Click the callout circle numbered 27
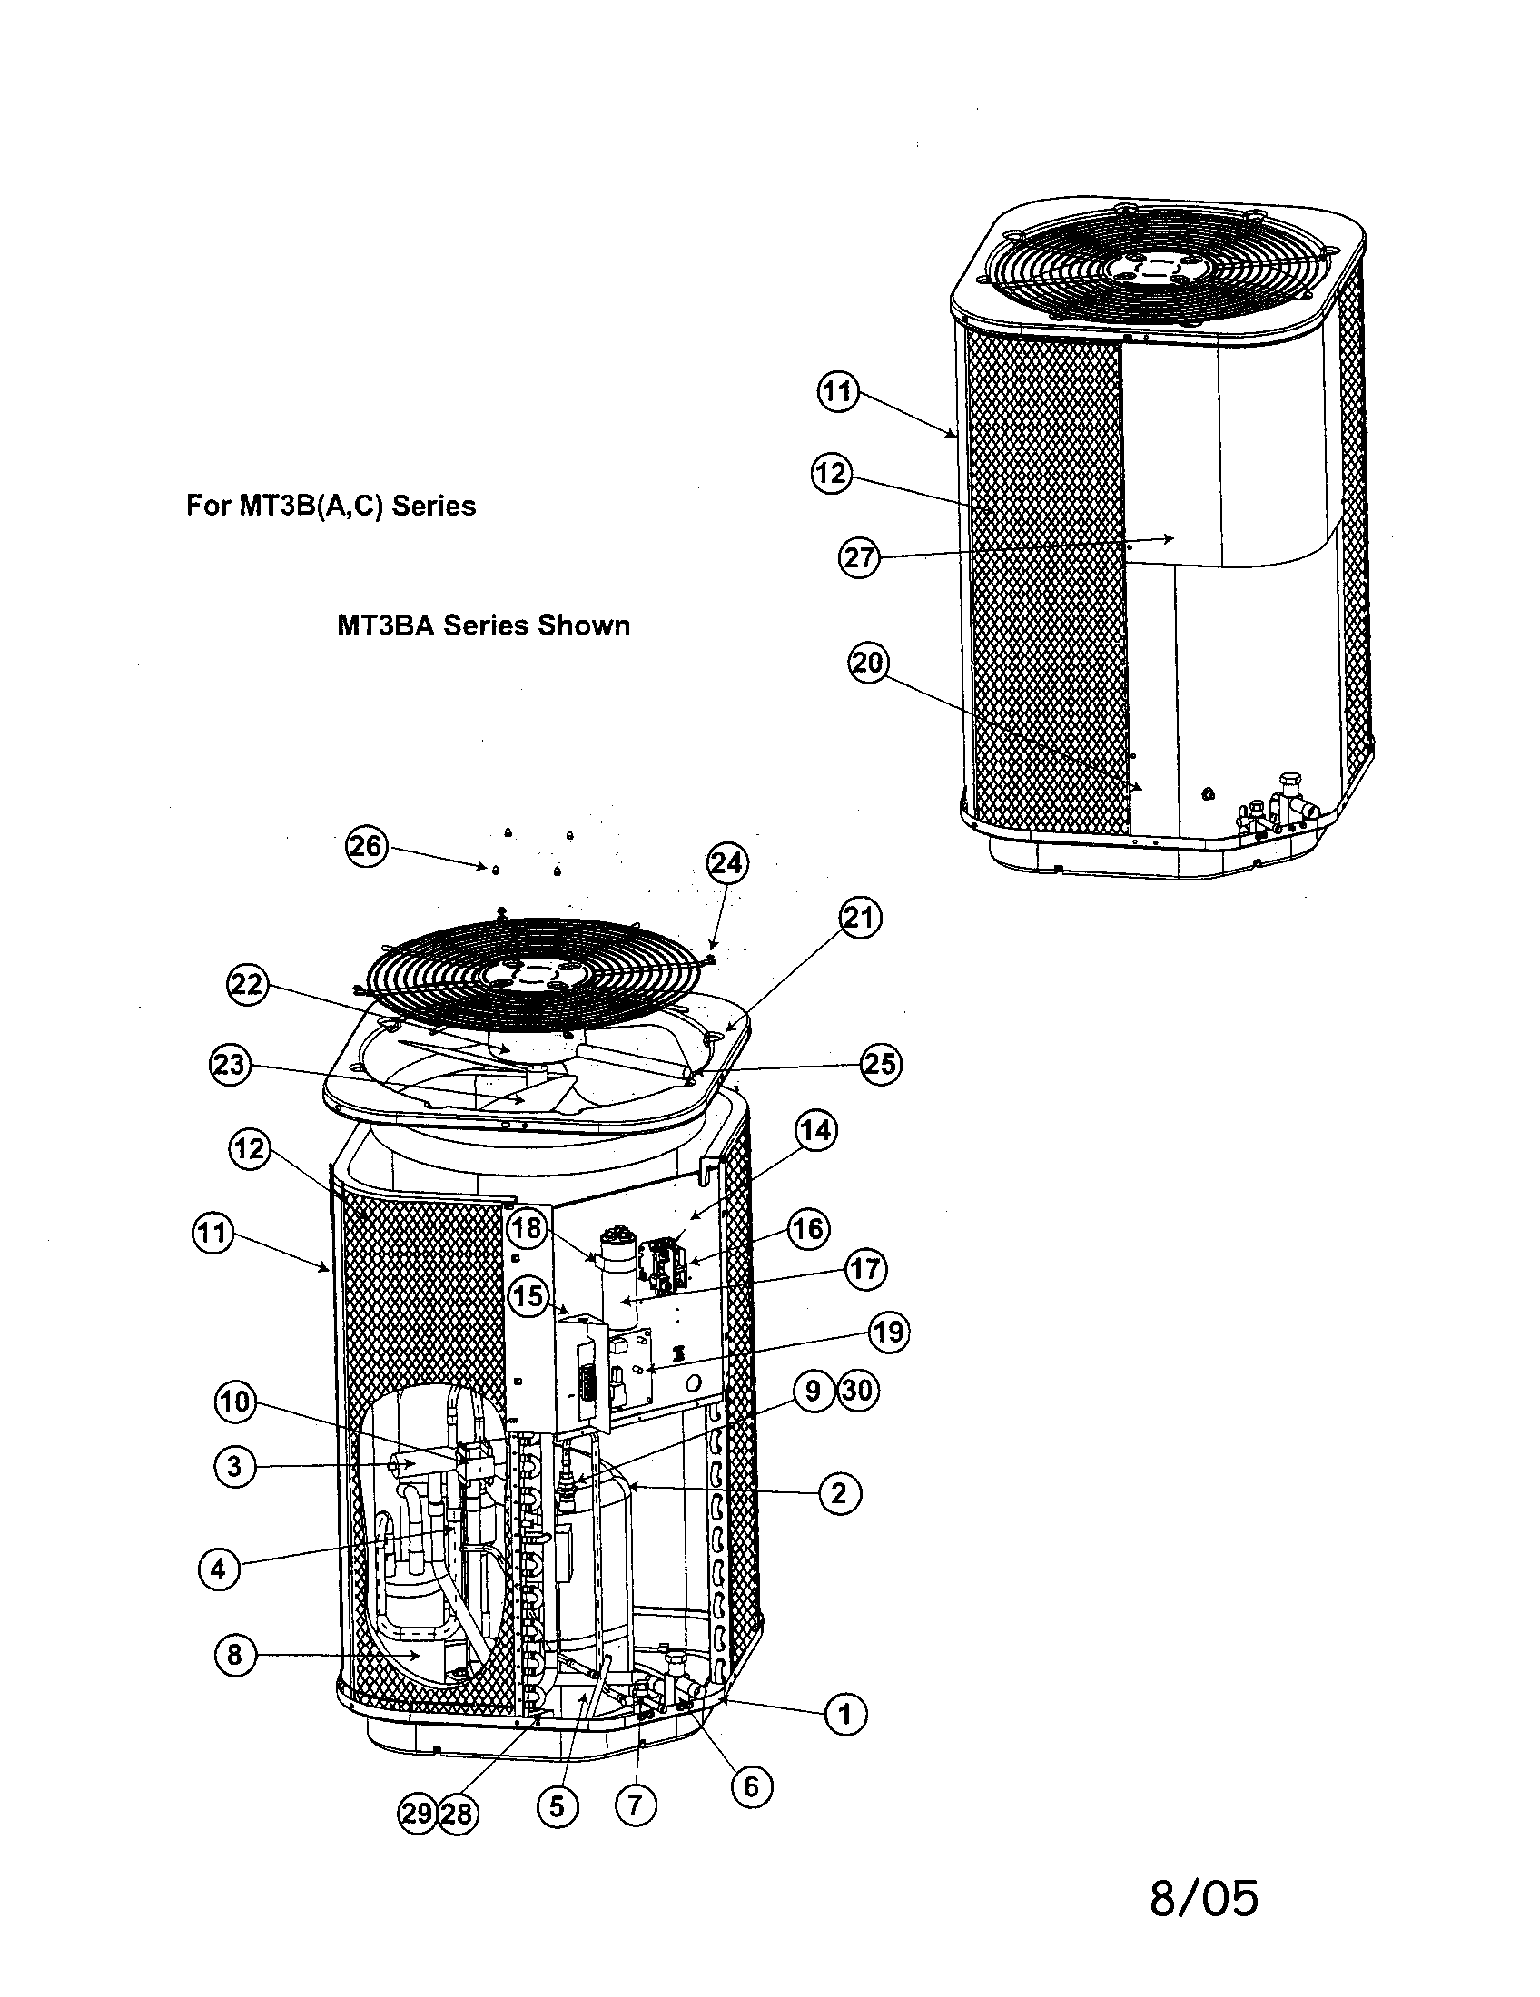pos(859,556)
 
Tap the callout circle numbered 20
pos(868,662)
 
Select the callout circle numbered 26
pos(366,846)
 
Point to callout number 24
pos(727,863)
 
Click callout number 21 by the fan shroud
pos(860,917)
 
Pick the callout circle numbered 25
pos(881,1065)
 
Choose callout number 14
pos(815,1130)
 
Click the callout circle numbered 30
pos(857,1391)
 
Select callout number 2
pos(839,1493)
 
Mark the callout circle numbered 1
pos(845,1714)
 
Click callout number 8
pos(234,1654)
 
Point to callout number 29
pos(418,1813)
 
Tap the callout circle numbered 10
pos(234,1402)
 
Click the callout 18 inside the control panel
pos(527,1228)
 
